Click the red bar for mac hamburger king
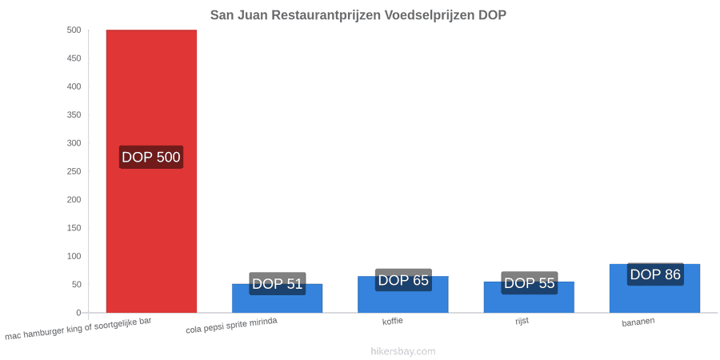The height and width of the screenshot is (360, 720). pos(151,171)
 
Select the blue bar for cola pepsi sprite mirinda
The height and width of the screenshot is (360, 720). pos(278,298)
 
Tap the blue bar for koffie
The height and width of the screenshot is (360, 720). pos(403,294)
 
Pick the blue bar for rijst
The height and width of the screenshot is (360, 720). pos(529,297)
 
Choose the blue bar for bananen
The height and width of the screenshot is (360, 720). pos(654,288)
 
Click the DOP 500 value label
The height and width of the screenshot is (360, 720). pos(151,157)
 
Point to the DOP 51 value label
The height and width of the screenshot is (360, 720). pos(278,284)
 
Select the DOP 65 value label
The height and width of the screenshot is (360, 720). pos(403,280)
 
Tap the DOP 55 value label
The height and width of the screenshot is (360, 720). pos(530,283)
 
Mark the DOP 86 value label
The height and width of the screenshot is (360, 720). pos(655,274)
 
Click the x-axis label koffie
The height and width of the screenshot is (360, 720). pos(393,321)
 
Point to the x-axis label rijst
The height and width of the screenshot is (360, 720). pos(522,321)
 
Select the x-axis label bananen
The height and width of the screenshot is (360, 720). pos(638,322)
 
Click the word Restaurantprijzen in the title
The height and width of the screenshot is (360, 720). pos(326,14)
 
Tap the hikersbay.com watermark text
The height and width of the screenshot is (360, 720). pos(402,351)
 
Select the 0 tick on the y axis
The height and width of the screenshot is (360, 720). pos(78,313)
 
